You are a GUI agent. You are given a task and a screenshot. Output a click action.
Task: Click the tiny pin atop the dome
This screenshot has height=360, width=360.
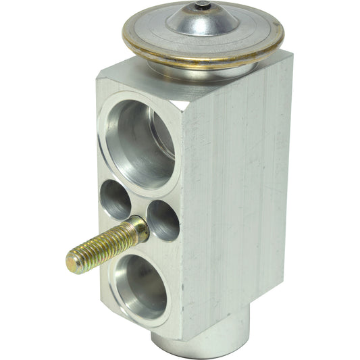[x=201, y=6]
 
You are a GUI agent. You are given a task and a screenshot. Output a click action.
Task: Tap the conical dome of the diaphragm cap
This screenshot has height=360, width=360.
[x=196, y=22]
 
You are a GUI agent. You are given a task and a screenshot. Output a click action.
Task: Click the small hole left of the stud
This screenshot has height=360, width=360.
[x=115, y=199]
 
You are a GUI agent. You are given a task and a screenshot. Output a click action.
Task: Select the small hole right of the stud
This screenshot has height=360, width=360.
[x=163, y=220]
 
